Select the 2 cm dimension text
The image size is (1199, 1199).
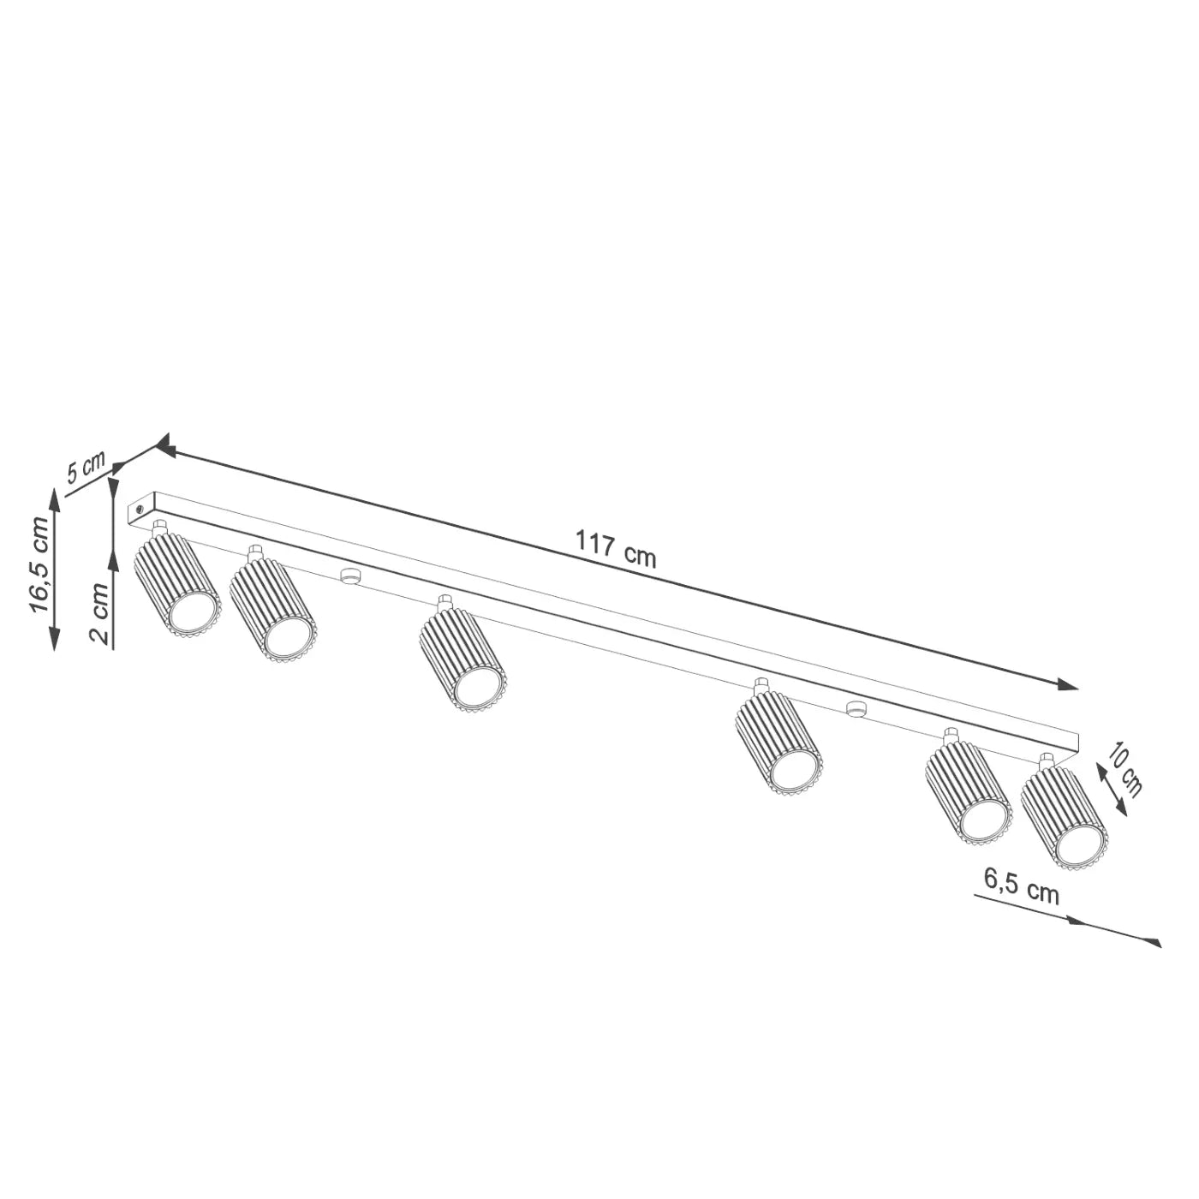point(99,613)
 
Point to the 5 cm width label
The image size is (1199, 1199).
point(85,468)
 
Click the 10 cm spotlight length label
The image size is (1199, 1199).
point(1124,768)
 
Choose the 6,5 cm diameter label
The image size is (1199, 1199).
point(1021,886)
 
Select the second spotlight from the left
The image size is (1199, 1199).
point(271,609)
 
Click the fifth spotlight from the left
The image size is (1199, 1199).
point(969,791)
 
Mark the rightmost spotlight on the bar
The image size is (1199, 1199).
point(1063,817)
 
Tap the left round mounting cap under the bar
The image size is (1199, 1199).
point(348,575)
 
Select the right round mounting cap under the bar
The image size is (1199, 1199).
point(854,707)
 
